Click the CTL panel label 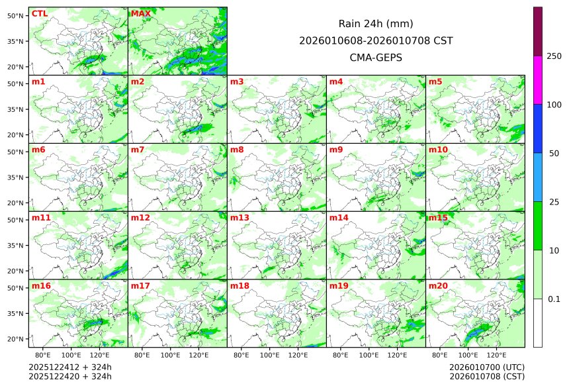click(40, 14)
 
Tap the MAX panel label click(140, 14)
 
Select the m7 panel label click(138, 150)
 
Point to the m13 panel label click(240, 218)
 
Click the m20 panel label click(438, 286)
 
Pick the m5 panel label click(435, 82)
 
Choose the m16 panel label click(41, 286)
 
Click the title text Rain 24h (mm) click(376, 23)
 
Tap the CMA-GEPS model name click(376, 58)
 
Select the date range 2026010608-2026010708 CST click(376, 40)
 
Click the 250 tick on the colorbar click(554, 56)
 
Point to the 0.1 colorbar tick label click(554, 299)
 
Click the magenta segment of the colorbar click(538, 79)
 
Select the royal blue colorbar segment click(538, 128)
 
